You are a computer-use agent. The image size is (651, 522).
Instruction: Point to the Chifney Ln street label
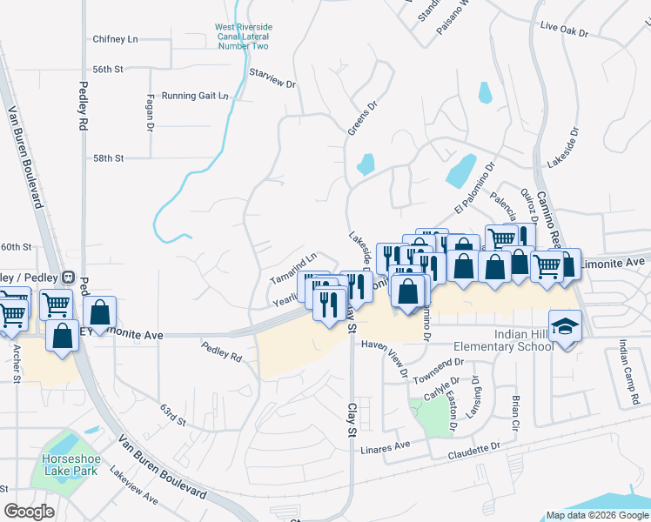tap(116, 39)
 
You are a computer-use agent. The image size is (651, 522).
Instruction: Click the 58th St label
tap(110, 158)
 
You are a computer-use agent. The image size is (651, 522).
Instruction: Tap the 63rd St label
tap(173, 415)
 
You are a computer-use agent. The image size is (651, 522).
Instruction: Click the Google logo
tap(30, 511)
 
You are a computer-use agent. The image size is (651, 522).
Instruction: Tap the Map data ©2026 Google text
tap(596, 515)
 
